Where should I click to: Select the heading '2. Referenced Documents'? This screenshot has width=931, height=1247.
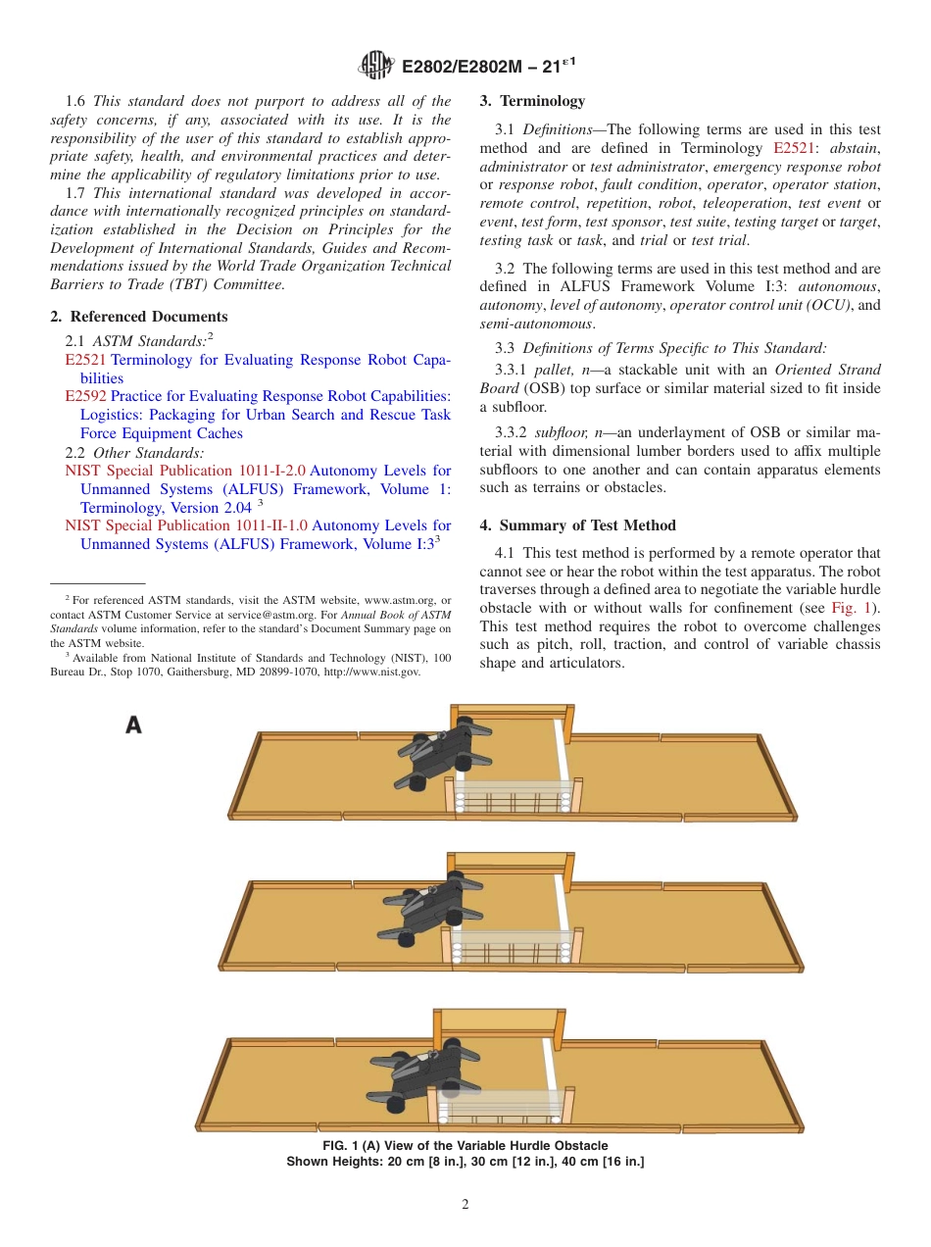tap(139, 317)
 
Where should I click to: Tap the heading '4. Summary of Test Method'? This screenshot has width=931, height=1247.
tap(577, 525)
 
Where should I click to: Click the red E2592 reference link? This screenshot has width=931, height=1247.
tap(85, 396)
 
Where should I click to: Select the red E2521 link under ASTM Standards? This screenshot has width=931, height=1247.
tap(85, 360)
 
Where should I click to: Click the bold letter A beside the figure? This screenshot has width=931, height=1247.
tap(133, 725)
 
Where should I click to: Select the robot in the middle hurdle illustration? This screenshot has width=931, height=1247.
tap(426, 912)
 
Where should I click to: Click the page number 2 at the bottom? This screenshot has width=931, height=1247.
tap(465, 1205)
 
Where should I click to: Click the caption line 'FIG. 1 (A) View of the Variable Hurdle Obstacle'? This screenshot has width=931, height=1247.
tap(465, 1146)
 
